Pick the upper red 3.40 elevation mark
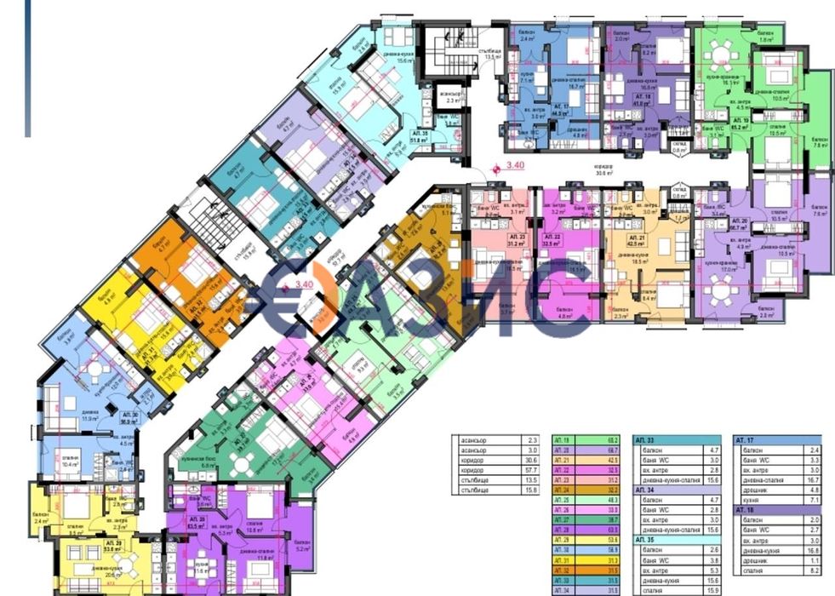[x=516, y=166]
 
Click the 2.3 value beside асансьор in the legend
[x=535, y=439]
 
